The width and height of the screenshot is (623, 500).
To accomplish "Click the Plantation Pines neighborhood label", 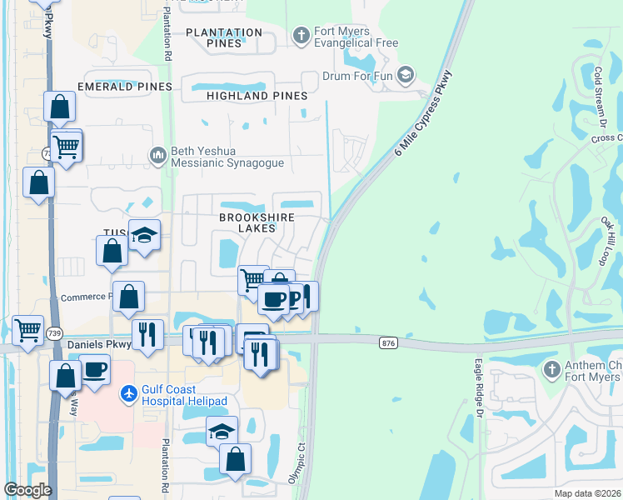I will [223, 37].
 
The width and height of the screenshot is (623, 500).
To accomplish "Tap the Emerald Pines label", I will [124, 87].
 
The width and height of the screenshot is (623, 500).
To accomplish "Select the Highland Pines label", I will [257, 96].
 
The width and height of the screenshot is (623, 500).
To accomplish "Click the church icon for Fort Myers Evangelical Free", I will [302, 35].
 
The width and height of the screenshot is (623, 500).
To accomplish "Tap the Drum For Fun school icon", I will [406, 76].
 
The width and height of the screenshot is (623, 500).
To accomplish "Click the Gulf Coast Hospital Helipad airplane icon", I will [129, 392].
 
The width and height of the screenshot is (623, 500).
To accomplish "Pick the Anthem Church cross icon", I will [551, 369].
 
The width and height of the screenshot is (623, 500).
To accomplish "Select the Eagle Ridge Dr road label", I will [479, 387].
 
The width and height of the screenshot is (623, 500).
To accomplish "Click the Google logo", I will [27, 490].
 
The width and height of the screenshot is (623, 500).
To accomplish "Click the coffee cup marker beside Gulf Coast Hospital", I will [94, 367].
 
